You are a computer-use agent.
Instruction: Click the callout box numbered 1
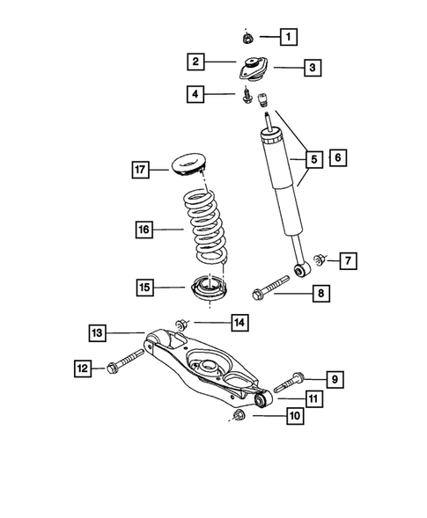(289, 37)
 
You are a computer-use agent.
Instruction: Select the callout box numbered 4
(195, 92)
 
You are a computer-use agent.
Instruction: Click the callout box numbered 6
(337, 158)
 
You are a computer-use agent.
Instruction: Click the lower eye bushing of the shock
(301, 271)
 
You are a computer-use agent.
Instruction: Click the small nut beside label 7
(322, 259)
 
